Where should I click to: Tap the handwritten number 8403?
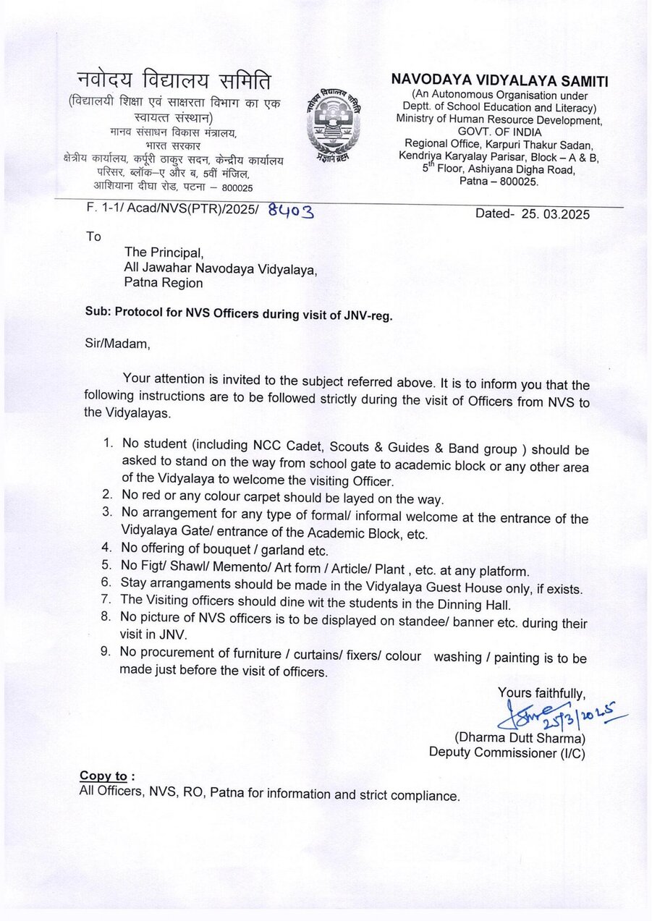290,211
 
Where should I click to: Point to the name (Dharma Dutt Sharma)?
519,739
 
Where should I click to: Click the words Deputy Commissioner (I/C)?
507,752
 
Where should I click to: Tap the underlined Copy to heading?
103,776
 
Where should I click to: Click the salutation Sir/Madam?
118,344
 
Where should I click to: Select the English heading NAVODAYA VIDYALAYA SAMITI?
500,80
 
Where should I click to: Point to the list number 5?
106,570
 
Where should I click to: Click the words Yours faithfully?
541,693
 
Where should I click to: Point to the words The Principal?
164,252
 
